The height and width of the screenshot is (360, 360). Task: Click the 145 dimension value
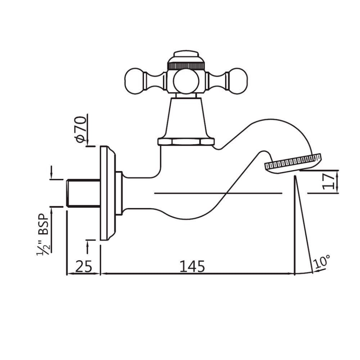click(192, 266)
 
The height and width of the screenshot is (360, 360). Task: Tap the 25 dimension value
click(84, 266)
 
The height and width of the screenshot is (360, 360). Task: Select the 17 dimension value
click(328, 182)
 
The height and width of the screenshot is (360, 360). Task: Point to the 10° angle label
click(322, 261)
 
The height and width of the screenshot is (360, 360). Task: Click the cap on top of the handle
click(186, 55)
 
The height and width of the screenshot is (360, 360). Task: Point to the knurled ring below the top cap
click(186, 65)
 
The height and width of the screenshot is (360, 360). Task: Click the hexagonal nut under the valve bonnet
click(186, 141)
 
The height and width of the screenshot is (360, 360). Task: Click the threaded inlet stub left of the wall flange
click(82, 193)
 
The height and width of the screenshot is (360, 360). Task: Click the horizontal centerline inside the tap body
click(217, 193)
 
